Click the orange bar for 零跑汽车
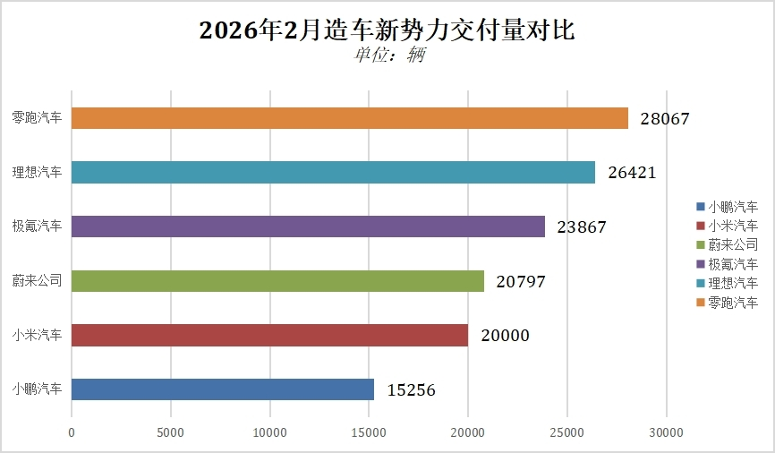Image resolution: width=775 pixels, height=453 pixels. (349, 118)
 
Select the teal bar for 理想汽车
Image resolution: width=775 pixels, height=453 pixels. (333, 173)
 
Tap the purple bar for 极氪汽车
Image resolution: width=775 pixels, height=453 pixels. (308, 226)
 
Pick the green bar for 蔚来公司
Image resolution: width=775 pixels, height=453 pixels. (277, 281)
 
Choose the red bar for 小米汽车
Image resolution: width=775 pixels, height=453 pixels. (269, 335)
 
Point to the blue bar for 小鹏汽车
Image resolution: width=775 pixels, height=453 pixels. (222, 389)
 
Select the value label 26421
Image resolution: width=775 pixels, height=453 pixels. (631, 173)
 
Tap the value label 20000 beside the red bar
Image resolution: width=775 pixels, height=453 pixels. (504, 336)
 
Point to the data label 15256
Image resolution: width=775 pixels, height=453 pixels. (412, 389)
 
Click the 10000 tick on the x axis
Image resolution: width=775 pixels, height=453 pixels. (269, 433)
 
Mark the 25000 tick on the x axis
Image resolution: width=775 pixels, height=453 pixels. (566, 433)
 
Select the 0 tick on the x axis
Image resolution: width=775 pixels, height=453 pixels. (72, 433)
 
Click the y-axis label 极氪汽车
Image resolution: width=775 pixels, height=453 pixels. (38, 226)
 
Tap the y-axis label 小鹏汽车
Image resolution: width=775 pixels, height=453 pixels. (38, 389)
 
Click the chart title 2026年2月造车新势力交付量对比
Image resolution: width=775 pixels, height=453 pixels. (387, 30)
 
